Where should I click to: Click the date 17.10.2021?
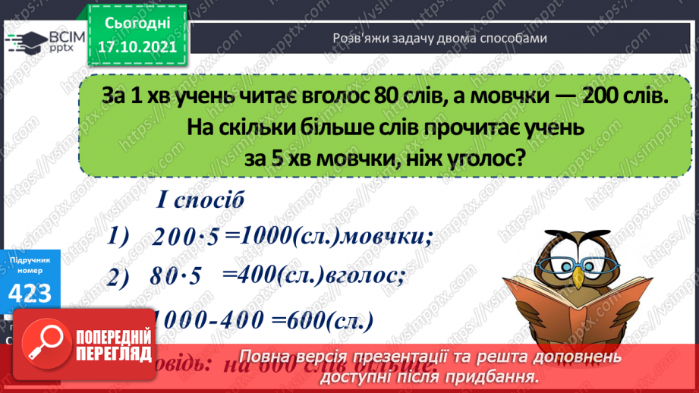137,47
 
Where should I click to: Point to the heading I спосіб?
200,201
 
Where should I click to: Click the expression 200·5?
186,237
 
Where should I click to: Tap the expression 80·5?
176,278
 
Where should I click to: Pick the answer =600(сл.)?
327,321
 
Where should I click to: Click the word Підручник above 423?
30,260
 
